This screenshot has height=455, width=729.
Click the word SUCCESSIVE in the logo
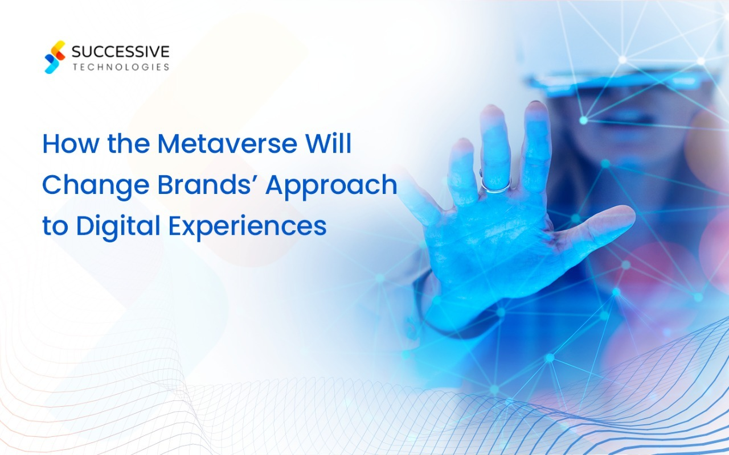120,52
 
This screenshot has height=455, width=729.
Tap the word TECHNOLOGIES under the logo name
120,67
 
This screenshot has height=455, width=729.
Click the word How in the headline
65,144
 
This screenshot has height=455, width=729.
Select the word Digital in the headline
118,226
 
